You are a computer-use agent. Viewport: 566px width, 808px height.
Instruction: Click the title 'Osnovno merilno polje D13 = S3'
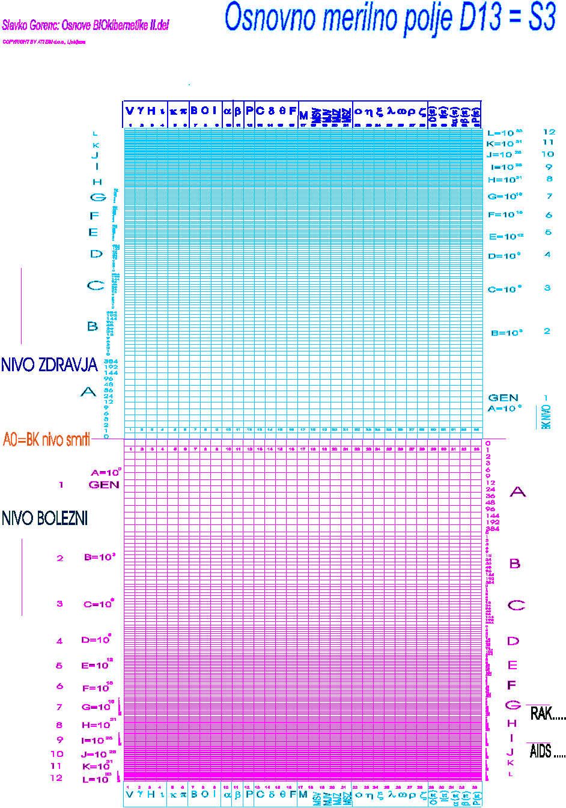[x=390, y=17]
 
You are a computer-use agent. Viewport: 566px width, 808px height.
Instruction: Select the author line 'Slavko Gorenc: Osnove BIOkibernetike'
[x=85, y=25]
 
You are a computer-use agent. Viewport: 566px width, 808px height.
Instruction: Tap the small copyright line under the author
[x=44, y=42]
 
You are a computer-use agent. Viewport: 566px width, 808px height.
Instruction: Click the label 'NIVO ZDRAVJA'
[x=49, y=365]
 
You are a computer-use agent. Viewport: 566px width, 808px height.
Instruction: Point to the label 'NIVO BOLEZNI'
[x=45, y=518]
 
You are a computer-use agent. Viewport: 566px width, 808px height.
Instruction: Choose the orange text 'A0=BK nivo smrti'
[x=47, y=440]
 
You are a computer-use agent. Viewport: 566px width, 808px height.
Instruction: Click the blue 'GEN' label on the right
[x=503, y=398]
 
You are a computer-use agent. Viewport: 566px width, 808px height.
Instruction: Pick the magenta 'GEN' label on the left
[x=104, y=485]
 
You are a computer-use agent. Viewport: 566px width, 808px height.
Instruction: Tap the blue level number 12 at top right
[x=549, y=132]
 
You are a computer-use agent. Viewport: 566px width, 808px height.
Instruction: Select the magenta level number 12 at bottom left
[x=56, y=778]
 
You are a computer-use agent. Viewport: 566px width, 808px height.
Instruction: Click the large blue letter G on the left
[x=97, y=197]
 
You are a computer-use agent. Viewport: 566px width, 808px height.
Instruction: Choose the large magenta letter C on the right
[x=516, y=605]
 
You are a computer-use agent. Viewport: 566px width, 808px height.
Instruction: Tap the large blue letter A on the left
[x=88, y=392]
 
